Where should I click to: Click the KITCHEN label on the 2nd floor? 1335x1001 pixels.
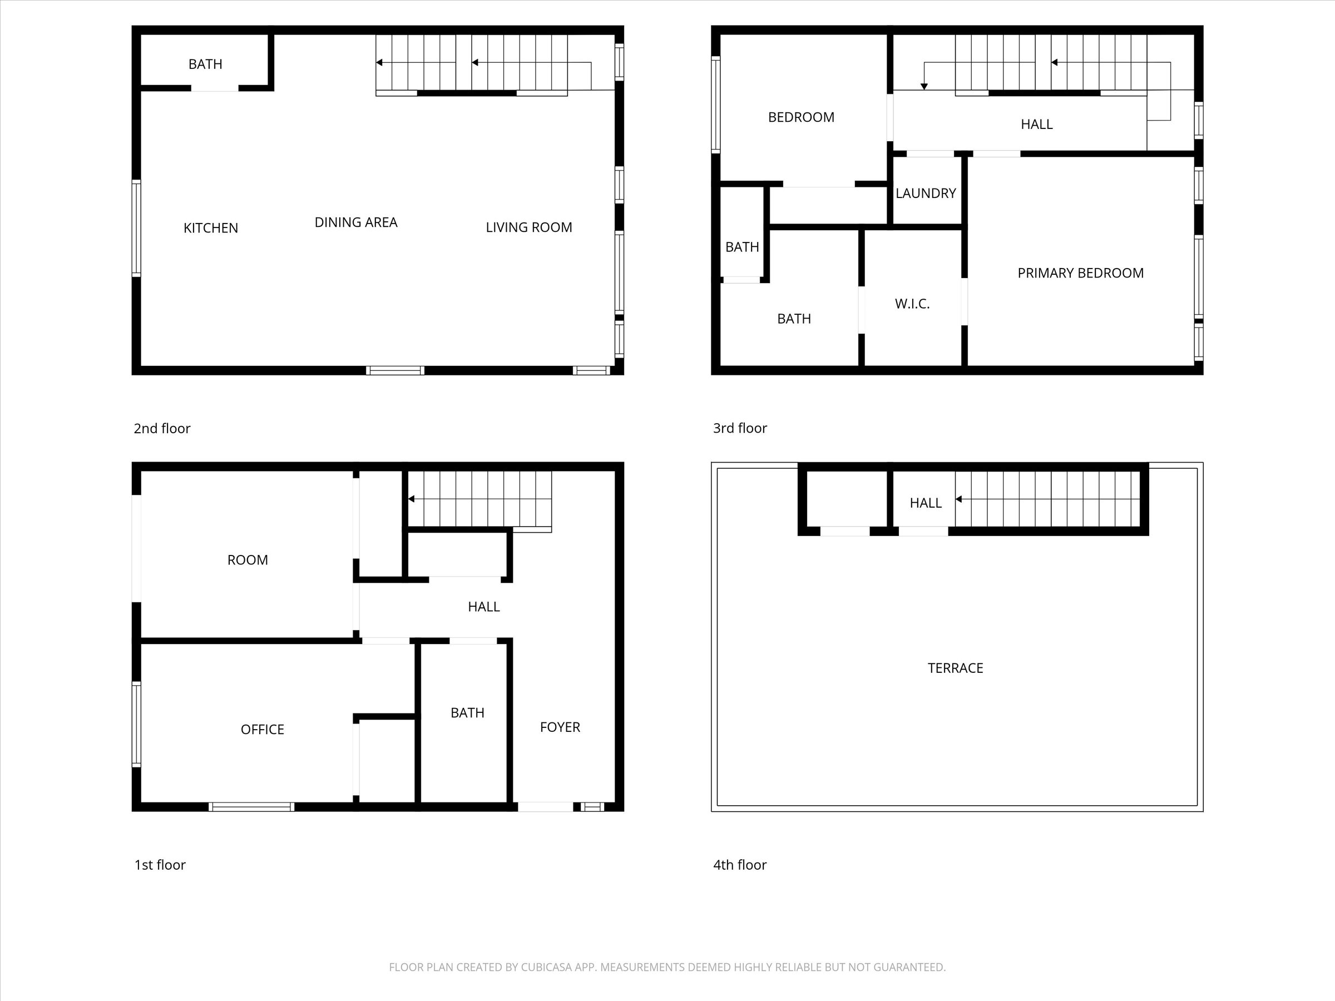point(211,228)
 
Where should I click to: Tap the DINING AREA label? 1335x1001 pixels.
point(355,222)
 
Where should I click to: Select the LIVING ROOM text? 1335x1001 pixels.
point(528,227)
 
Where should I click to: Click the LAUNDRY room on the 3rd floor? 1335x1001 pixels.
point(925,194)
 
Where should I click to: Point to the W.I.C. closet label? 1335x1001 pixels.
point(912,304)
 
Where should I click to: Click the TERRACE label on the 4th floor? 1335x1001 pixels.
point(956,668)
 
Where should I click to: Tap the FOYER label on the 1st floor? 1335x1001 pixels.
point(560,727)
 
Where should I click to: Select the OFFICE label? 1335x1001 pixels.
point(262,730)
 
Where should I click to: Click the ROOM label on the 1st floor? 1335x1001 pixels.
point(248,560)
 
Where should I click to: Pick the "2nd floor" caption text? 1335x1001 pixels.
point(162,428)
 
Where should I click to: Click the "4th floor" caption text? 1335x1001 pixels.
point(739,865)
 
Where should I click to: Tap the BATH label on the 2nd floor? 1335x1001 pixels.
point(205,65)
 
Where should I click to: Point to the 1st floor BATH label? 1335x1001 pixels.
point(467,712)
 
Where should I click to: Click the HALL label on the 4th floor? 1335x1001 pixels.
point(925,503)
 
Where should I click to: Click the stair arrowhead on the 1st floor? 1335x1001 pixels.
point(412,499)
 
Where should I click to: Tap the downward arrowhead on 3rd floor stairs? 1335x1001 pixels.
point(924,87)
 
